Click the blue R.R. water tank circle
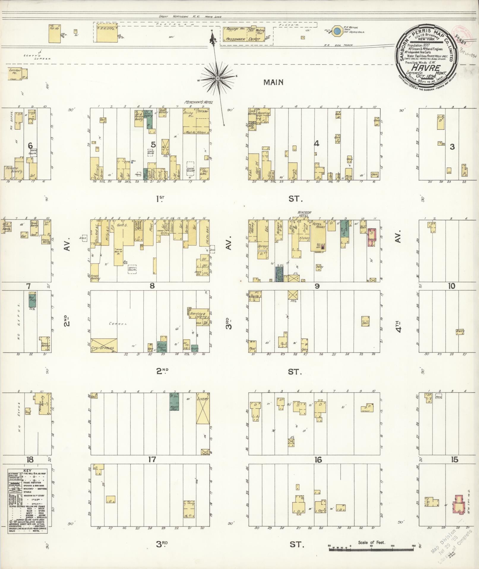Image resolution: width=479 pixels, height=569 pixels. (337, 31)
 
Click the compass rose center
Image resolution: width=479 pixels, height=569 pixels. (217, 78)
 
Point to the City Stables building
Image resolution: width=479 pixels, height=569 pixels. (104, 345)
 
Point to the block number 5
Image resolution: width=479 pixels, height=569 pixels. (153, 145)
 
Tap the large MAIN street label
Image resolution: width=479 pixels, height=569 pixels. (274, 82)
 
